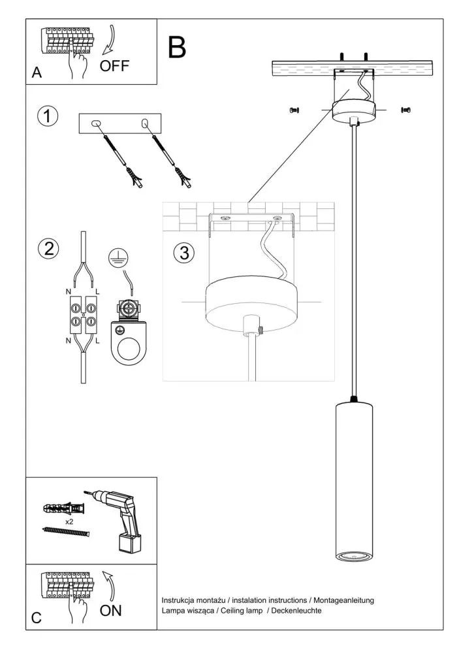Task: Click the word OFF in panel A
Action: point(115,65)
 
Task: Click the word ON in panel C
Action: point(111,611)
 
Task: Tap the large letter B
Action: point(177,47)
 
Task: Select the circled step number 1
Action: point(48,116)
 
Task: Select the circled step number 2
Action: point(48,248)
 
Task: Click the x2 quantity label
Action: point(69,522)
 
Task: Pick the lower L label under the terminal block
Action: point(97,341)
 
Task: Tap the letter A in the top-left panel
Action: point(37,74)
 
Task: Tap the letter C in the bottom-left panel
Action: point(37,617)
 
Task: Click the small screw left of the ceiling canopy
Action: point(293,110)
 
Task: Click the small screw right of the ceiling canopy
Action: point(405,110)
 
